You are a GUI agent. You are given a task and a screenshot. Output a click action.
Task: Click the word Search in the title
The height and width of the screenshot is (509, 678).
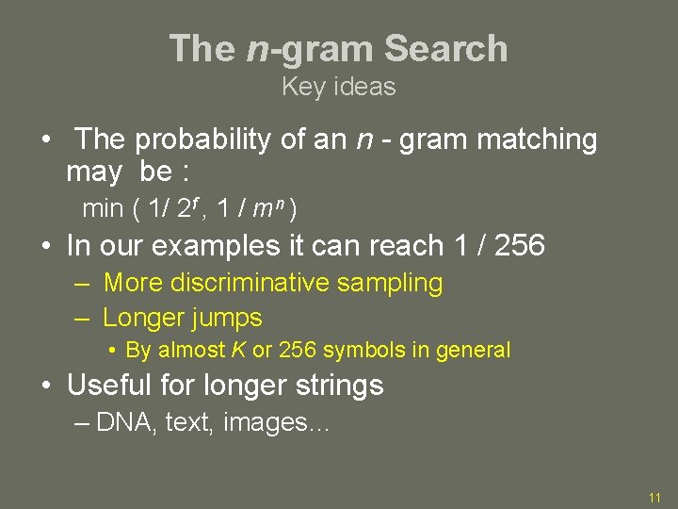pos(446,49)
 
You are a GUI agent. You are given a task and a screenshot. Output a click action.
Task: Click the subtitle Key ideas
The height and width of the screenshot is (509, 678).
pos(339,87)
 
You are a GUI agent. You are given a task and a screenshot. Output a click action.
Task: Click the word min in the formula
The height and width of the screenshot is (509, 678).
pos(103,206)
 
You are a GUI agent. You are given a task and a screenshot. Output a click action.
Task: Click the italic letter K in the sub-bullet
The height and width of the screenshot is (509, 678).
pos(239,351)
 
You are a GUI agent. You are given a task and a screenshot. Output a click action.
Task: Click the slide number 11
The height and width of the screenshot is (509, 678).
pos(654,497)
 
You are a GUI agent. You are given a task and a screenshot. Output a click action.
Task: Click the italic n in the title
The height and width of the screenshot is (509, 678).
pos(257,49)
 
